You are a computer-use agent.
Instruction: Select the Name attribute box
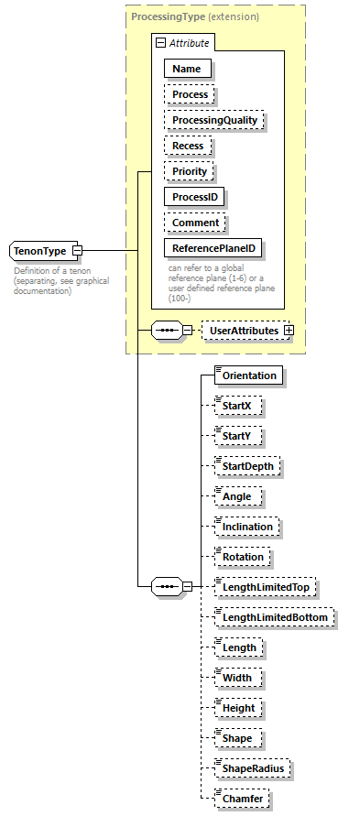pos(187,68)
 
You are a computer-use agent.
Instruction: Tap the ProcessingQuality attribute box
pos(214,120)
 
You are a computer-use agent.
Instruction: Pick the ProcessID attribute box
pos(195,197)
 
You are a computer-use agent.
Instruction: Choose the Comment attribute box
pos(195,223)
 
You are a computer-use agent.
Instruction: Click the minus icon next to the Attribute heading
pos(160,42)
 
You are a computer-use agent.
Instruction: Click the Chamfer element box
pos(242,799)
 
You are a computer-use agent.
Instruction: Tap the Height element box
pos(238,708)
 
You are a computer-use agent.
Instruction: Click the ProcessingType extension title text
pos(194,16)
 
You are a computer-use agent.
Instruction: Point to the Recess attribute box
pos(189,146)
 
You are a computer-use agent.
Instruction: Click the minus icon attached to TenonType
pos(77,250)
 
